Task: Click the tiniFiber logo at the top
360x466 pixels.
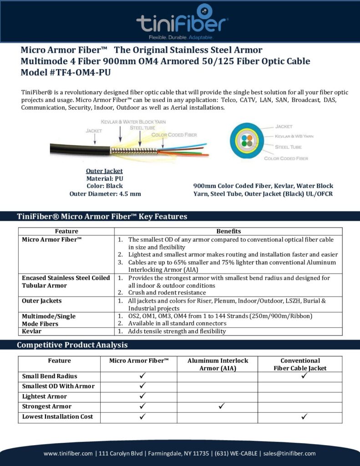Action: pos(182,20)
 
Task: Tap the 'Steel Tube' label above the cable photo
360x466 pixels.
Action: pos(142,127)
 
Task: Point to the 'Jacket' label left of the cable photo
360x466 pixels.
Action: pos(94,131)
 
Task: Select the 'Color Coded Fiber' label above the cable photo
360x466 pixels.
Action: pos(174,135)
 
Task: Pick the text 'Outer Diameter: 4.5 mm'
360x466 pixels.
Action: pos(105,193)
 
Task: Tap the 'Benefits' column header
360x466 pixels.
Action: pos(228,231)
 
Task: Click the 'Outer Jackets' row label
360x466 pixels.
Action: pos(42,301)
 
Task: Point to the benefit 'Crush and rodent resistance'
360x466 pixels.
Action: pos(167,293)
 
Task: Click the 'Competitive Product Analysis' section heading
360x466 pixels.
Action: pos(72,345)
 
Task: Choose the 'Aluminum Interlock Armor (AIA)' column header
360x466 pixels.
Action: pos(218,364)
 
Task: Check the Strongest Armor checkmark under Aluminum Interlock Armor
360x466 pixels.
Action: pos(223,406)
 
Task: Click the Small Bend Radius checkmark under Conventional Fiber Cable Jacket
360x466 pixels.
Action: pos(304,376)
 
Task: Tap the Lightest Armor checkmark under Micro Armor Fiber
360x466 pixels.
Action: pos(142,396)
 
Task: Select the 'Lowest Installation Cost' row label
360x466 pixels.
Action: pos(58,416)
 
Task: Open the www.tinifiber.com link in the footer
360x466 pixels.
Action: pos(68,453)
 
